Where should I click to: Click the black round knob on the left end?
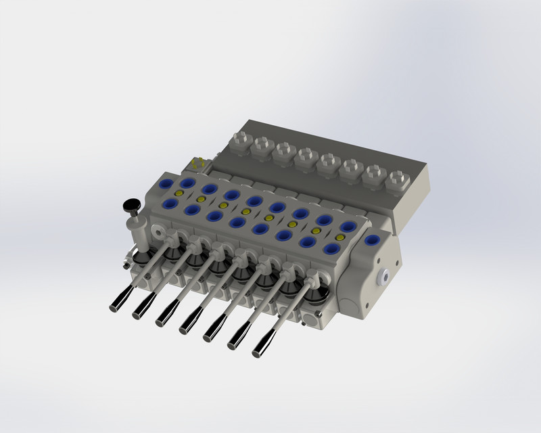[x=130, y=204]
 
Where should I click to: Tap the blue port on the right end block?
[x=371, y=240]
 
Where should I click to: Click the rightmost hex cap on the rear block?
[x=396, y=179]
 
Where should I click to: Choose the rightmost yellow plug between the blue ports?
[x=337, y=237]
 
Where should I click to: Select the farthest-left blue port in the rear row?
[x=165, y=183]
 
